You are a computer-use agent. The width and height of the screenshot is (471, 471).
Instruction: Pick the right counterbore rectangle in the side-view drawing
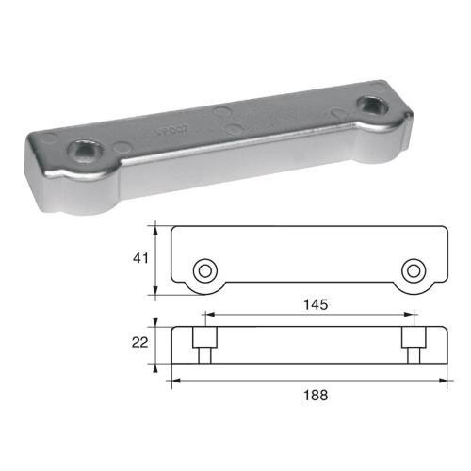pyautogui.click(x=413, y=336)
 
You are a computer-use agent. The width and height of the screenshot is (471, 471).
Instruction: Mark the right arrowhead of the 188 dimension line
pyautogui.click(x=443, y=381)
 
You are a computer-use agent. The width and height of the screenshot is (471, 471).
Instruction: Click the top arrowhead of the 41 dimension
pyautogui.click(x=155, y=225)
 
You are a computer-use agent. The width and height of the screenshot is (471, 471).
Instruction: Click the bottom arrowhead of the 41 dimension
pyautogui.click(x=155, y=293)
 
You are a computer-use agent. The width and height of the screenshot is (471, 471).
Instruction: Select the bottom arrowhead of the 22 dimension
pyautogui.click(x=155, y=363)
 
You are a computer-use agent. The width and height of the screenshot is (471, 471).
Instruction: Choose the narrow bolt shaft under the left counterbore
pyautogui.click(x=203, y=355)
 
